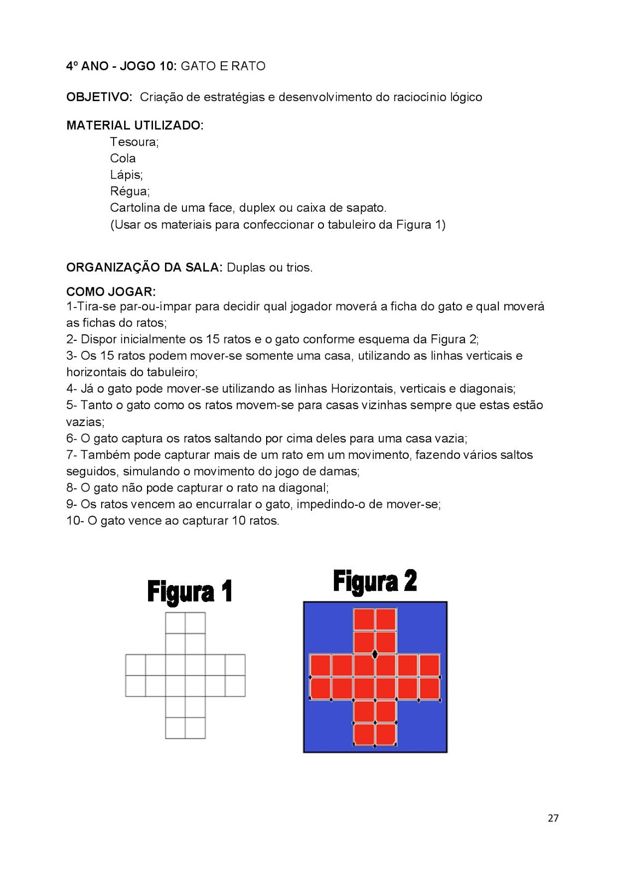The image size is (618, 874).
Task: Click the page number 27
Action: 553,818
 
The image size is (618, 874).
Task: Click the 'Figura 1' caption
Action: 190,592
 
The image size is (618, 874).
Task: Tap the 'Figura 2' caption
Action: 375,581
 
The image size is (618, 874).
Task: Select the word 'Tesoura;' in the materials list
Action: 134,142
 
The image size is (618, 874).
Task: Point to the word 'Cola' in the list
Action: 122,158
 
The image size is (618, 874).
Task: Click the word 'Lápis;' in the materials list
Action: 126,175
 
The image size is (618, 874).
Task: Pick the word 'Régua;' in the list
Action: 130,191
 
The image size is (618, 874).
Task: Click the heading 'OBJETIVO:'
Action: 99,97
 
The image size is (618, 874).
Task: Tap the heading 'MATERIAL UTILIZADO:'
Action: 134,126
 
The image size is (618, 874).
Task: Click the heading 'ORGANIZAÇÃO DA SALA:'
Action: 144,268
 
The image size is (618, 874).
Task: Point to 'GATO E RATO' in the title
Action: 223,66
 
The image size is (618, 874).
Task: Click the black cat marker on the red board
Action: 375,653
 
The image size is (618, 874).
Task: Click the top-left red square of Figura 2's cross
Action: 364,619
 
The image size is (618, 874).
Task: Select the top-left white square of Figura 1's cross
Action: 175,623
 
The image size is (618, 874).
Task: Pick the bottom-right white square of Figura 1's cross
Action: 195,728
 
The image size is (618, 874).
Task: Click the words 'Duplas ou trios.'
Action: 269,268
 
